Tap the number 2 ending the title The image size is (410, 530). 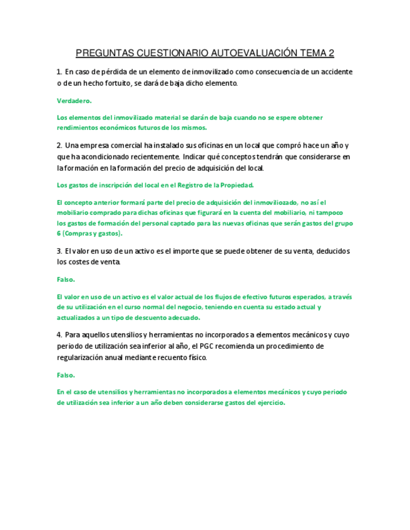point(331,53)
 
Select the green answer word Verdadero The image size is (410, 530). point(74,100)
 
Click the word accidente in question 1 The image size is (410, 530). point(332,72)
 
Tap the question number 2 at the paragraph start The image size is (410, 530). point(58,145)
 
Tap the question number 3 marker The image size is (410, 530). point(58,251)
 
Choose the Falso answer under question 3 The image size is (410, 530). point(66,279)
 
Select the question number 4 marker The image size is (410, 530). point(58,335)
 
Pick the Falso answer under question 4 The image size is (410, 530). point(66,375)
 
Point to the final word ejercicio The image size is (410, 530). point(270,402)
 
